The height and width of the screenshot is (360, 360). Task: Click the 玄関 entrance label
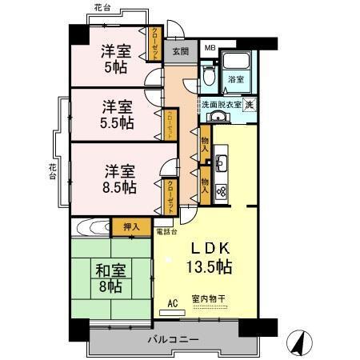[x=180, y=52]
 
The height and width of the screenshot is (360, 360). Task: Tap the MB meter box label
[x=209, y=48]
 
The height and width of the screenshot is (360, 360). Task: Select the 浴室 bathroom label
[x=235, y=80]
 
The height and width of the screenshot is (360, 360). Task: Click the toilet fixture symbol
[x=209, y=77]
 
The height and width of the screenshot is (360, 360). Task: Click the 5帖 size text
[x=116, y=67]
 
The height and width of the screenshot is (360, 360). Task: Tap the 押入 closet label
[x=131, y=227]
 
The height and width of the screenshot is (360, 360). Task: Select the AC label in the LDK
[x=172, y=303]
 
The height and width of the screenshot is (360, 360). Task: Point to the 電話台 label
[x=166, y=231]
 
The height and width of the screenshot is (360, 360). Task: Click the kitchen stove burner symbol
[x=222, y=190]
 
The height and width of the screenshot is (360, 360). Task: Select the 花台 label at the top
[x=102, y=7]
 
